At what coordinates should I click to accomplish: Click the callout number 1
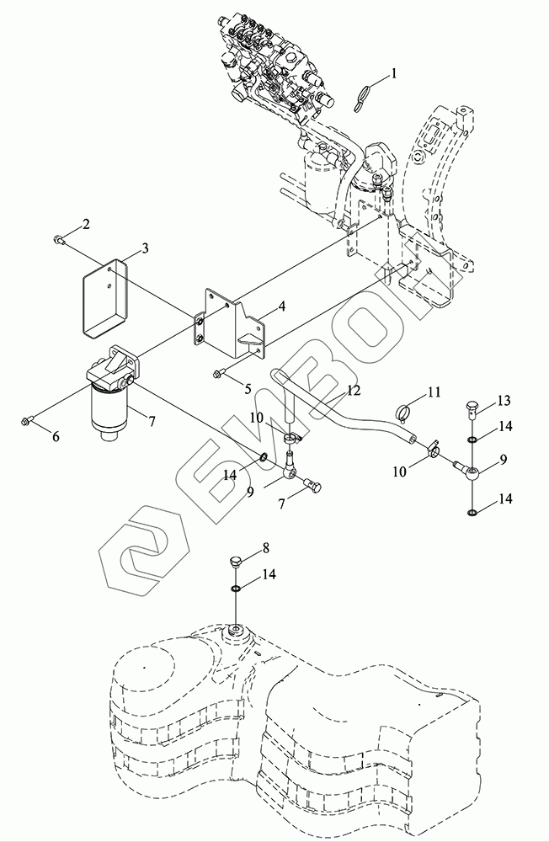pyautogui.click(x=394, y=72)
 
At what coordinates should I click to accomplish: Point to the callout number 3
pyautogui.click(x=145, y=248)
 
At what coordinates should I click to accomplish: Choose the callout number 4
pyautogui.click(x=281, y=306)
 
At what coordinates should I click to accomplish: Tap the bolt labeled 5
pyautogui.click(x=220, y=371)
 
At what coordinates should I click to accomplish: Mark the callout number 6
pyautogui.click(x=56, y=436)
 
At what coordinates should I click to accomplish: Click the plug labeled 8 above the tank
pyautogui.click(x=235, y=562)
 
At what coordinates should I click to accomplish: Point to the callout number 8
pyautogui.click(x=265, y=548)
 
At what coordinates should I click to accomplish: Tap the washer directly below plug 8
pyautogui.click(x=236, y=589)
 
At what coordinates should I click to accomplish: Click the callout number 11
pyautogui.click(x=434, y=392)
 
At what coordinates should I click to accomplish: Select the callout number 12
pyautogui.click(x=353, y=391)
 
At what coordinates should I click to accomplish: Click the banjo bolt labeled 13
pyautogui.click(x=472, y=409)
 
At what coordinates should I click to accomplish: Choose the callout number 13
pyautogui.click(x=504, y=401)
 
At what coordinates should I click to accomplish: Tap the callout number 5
pyautogui.click(x=248, y=389)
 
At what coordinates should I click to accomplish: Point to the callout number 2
pyautogui.click(x=85, y=225)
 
